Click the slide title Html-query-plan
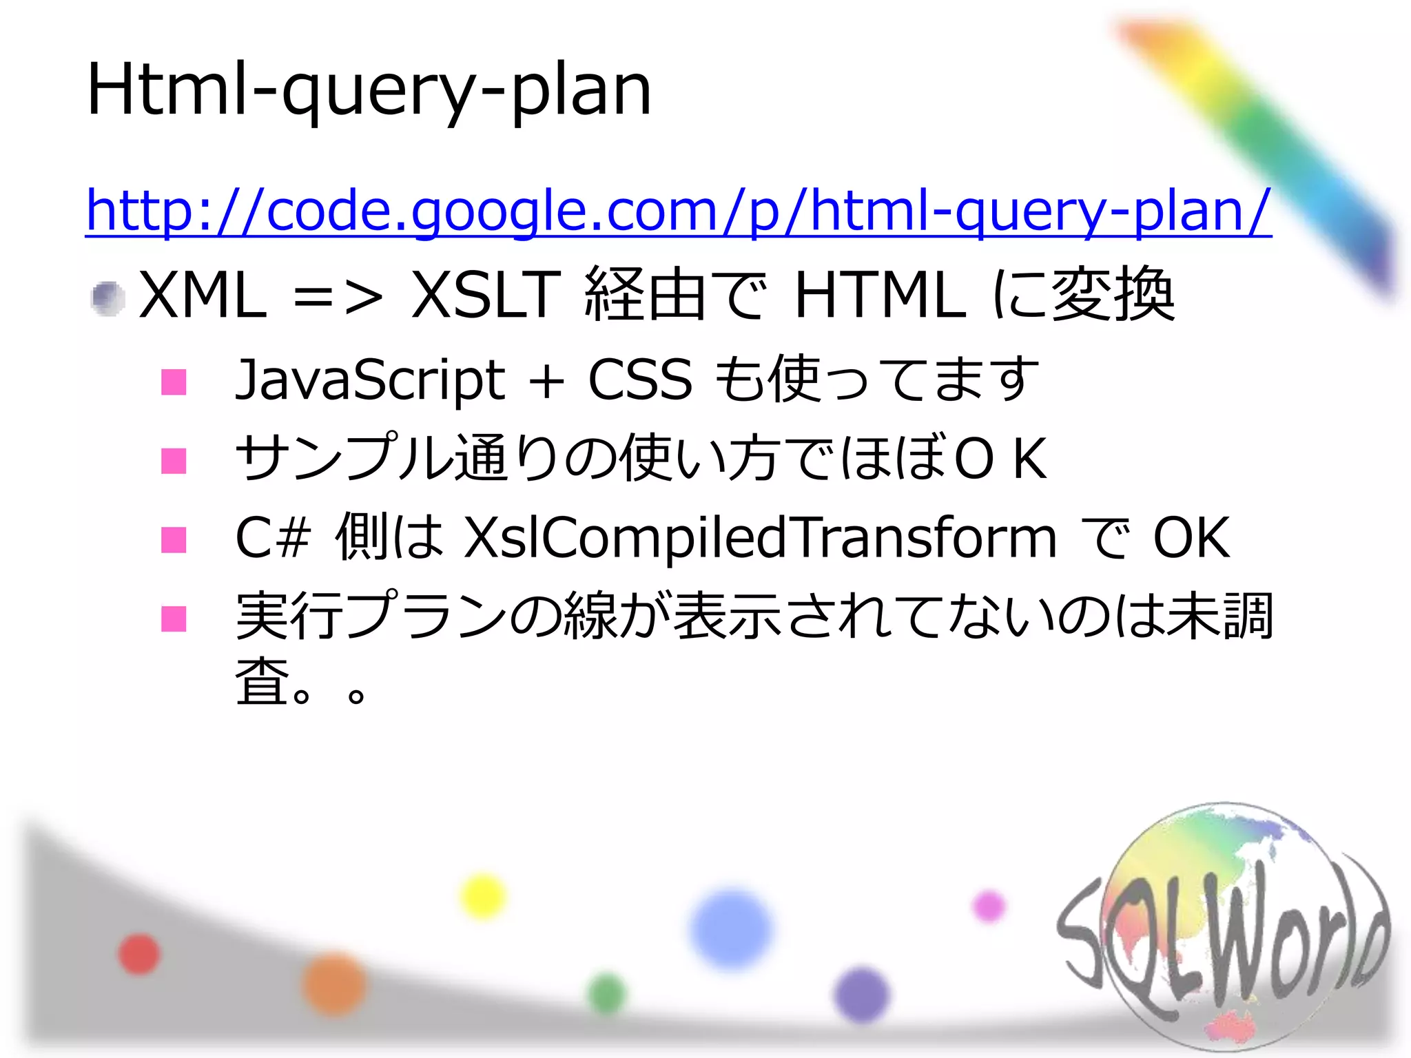pos(369,90)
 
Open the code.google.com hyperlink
pos(678,209)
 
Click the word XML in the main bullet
pos(203,295)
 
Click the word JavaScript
pos(371,380)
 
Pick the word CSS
pos(640,380)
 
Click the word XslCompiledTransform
pos(760,538)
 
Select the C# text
pos(273,538)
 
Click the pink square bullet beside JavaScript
pos(174,382)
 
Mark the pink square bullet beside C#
pos(174,540)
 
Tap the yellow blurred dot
pos(483,896)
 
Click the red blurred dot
pos(139,954)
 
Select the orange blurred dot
pos(334,984)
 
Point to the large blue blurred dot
pos(731,929)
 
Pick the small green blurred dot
pos(607,994)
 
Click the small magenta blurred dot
pos(989,905)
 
